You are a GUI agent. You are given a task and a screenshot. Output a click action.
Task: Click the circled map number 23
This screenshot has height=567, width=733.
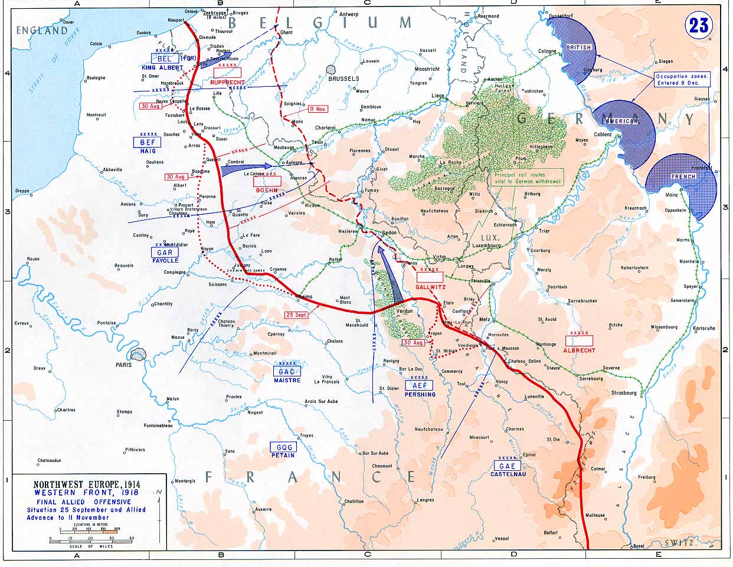pos(698,25)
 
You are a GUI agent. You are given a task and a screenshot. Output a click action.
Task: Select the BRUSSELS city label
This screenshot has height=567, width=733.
pos(343,78)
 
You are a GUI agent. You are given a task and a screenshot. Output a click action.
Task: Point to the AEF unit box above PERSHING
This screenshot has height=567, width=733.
pos(419,385)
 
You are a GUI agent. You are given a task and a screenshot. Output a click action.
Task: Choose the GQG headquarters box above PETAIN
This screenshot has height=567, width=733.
pos(283,447)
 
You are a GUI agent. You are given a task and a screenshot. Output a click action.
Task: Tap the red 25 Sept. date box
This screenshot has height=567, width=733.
pos(296,314)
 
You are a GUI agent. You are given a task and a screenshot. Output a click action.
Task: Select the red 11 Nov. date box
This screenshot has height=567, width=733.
pos(318,109)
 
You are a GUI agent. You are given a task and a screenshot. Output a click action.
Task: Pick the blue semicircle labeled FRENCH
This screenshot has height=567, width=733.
pos(685,183)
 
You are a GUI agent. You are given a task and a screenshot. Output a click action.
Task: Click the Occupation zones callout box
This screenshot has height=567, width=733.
pos(682,80)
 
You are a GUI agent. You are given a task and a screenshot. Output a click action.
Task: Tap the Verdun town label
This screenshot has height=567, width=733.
pos(404,310)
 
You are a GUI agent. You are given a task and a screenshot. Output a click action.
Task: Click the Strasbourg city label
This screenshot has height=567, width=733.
pos(624,392)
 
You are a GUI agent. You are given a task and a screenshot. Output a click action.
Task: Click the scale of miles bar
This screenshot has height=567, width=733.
pos(91,538)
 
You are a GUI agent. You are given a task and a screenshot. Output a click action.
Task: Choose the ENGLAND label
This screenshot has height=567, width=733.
pos(41,31)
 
